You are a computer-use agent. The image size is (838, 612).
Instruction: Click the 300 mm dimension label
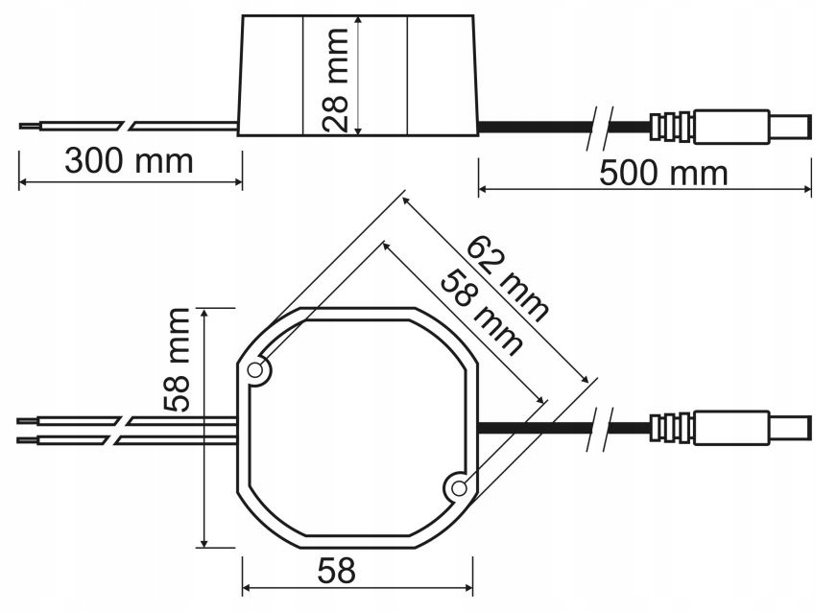[x=129, y=160]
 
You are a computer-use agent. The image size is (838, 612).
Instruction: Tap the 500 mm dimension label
[x=663, y=174]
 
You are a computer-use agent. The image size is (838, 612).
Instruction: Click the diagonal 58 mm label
[x=480, y=312]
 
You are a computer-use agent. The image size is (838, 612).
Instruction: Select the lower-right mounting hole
[x=460, y=488]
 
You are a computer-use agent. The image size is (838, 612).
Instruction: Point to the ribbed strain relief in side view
[x=671, y=127]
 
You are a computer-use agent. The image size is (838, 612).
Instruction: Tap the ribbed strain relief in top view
[x=671, y=428]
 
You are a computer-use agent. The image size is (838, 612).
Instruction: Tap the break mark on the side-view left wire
[x=128, y=125]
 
